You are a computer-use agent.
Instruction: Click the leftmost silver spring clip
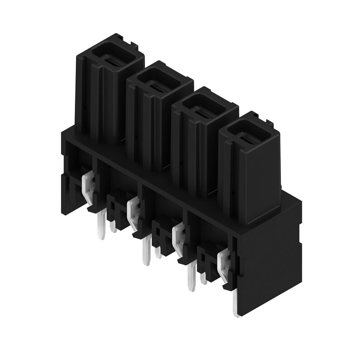[88, 186]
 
